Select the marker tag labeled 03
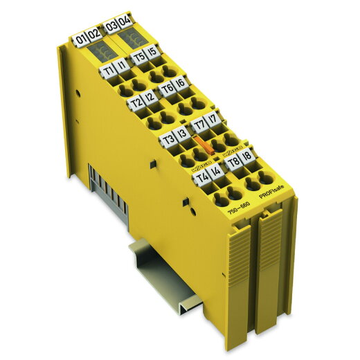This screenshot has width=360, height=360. point(111,28)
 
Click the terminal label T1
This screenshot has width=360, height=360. point(109,71)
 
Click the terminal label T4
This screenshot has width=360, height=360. point(202,179)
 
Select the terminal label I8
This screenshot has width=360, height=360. point(247,158)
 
